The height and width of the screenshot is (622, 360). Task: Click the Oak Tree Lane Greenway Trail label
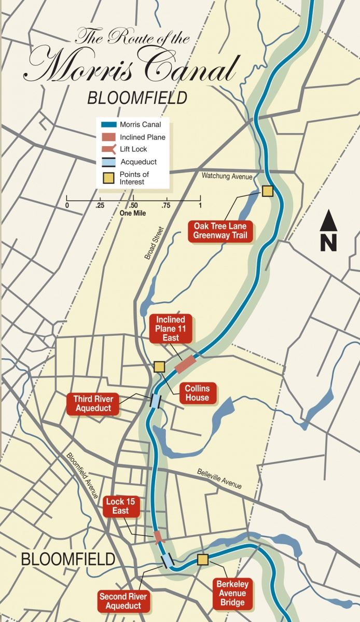pos(220,231)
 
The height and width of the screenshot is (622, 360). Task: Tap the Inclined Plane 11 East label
pos(171,328)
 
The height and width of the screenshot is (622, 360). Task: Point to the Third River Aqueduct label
pos(92,404)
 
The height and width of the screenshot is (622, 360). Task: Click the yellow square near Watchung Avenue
pos(267,191)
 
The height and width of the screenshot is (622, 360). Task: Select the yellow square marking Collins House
pos(159,366)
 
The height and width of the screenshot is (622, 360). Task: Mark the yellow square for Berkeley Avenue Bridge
pos(202,559)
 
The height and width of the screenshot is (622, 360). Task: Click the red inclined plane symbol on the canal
pos(186,364)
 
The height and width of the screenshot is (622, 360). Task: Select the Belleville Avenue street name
pos(219,479)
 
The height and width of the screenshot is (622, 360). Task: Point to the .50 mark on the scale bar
pos(133,206)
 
